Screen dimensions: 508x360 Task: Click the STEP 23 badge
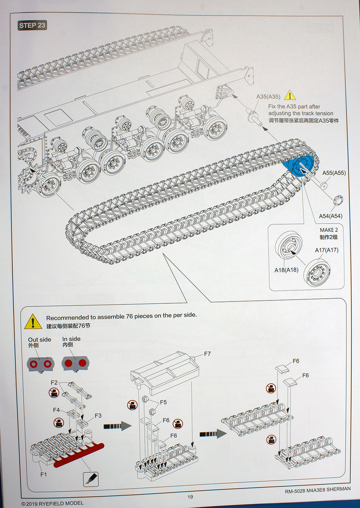[x=32, y=25]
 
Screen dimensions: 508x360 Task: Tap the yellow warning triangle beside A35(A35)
[x=290, y=96]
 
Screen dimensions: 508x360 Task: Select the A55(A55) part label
[x=334, y=173]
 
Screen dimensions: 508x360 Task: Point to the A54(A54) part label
[x=330, y=216]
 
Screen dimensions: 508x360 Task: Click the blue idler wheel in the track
[x=298, y=166]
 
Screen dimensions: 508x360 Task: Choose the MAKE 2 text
[x=328, y=230]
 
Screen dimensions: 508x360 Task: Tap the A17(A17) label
[x=326, y=250]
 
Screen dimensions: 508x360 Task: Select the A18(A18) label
[x=286, y=270]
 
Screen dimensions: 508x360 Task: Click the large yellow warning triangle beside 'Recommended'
[x=33, y=322]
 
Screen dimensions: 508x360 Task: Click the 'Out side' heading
[x=40, y=340]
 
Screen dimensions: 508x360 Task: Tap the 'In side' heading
[x=71, y=339]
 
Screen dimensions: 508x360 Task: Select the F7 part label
[x=207, y=354]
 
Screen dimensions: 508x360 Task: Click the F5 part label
[x=163, y=402]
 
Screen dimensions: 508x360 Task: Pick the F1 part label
[x=44, y=474]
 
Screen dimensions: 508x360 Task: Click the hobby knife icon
[x=91, y=479]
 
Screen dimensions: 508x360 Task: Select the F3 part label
[x=98, y=416]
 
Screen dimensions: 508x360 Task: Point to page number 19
[x=190, y=497]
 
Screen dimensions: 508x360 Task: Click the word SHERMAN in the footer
[x=338, y=489]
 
